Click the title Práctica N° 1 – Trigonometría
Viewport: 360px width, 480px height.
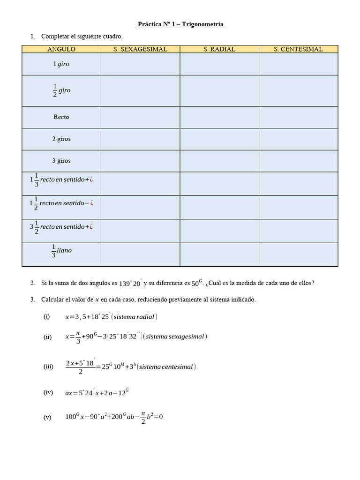coord(180,24)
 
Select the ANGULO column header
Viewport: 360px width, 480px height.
coord(61,49)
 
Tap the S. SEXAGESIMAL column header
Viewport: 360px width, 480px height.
coord(140,49)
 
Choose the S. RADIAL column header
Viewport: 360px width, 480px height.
coord(219,49)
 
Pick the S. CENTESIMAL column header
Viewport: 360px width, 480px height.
coord(298,49)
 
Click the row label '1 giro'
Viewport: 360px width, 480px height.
coord(61,64)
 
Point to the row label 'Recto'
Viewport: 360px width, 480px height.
coord(61,117)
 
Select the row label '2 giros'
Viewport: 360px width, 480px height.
coord(61,139)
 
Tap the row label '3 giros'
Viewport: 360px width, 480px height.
coord(61,161)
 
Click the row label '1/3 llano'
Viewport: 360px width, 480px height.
coord(61,252)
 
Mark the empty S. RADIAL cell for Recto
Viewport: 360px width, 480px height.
coord(219,117)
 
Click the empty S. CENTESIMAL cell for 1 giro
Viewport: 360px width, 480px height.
coord(298,64)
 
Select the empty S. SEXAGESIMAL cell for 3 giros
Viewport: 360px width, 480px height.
coord(140,161)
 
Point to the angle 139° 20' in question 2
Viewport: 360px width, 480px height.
coord(130,283)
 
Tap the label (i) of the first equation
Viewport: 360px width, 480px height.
coord(46,317)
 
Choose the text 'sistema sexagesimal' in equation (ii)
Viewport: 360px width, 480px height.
coord(175,337)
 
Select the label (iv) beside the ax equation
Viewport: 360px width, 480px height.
coord(48,392)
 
